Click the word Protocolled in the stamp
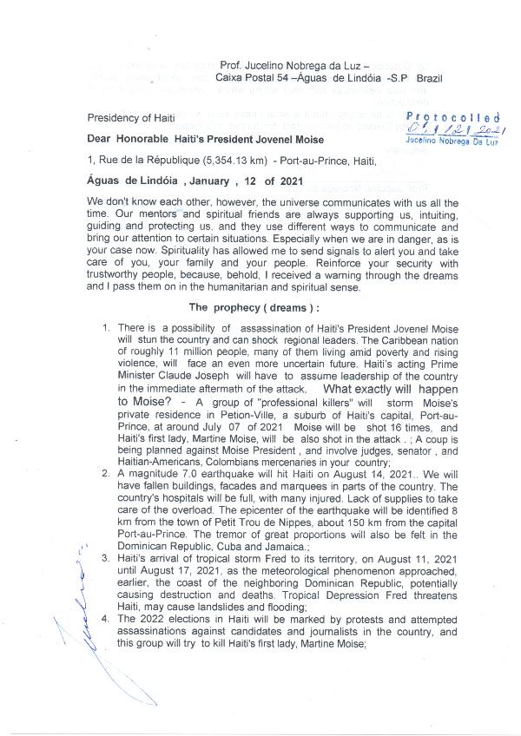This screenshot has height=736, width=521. click(455, 117)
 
